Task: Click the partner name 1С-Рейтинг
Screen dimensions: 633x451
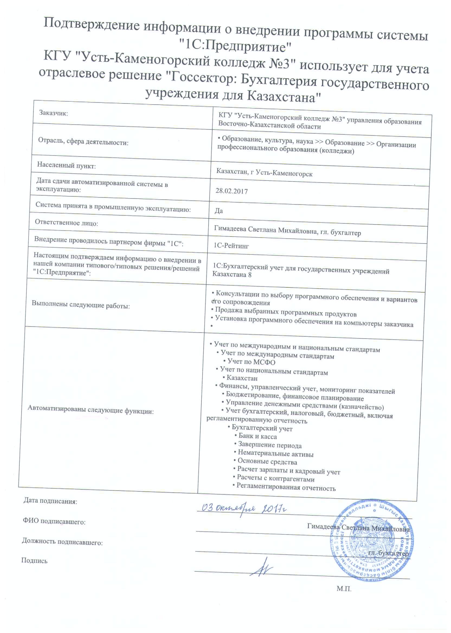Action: (x=231, y=246)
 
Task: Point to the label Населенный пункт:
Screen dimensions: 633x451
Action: (x=66, y=166)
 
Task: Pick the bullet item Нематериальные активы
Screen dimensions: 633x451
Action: (x=275, y=454)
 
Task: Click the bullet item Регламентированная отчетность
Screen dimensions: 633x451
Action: (x=286, y=488)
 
